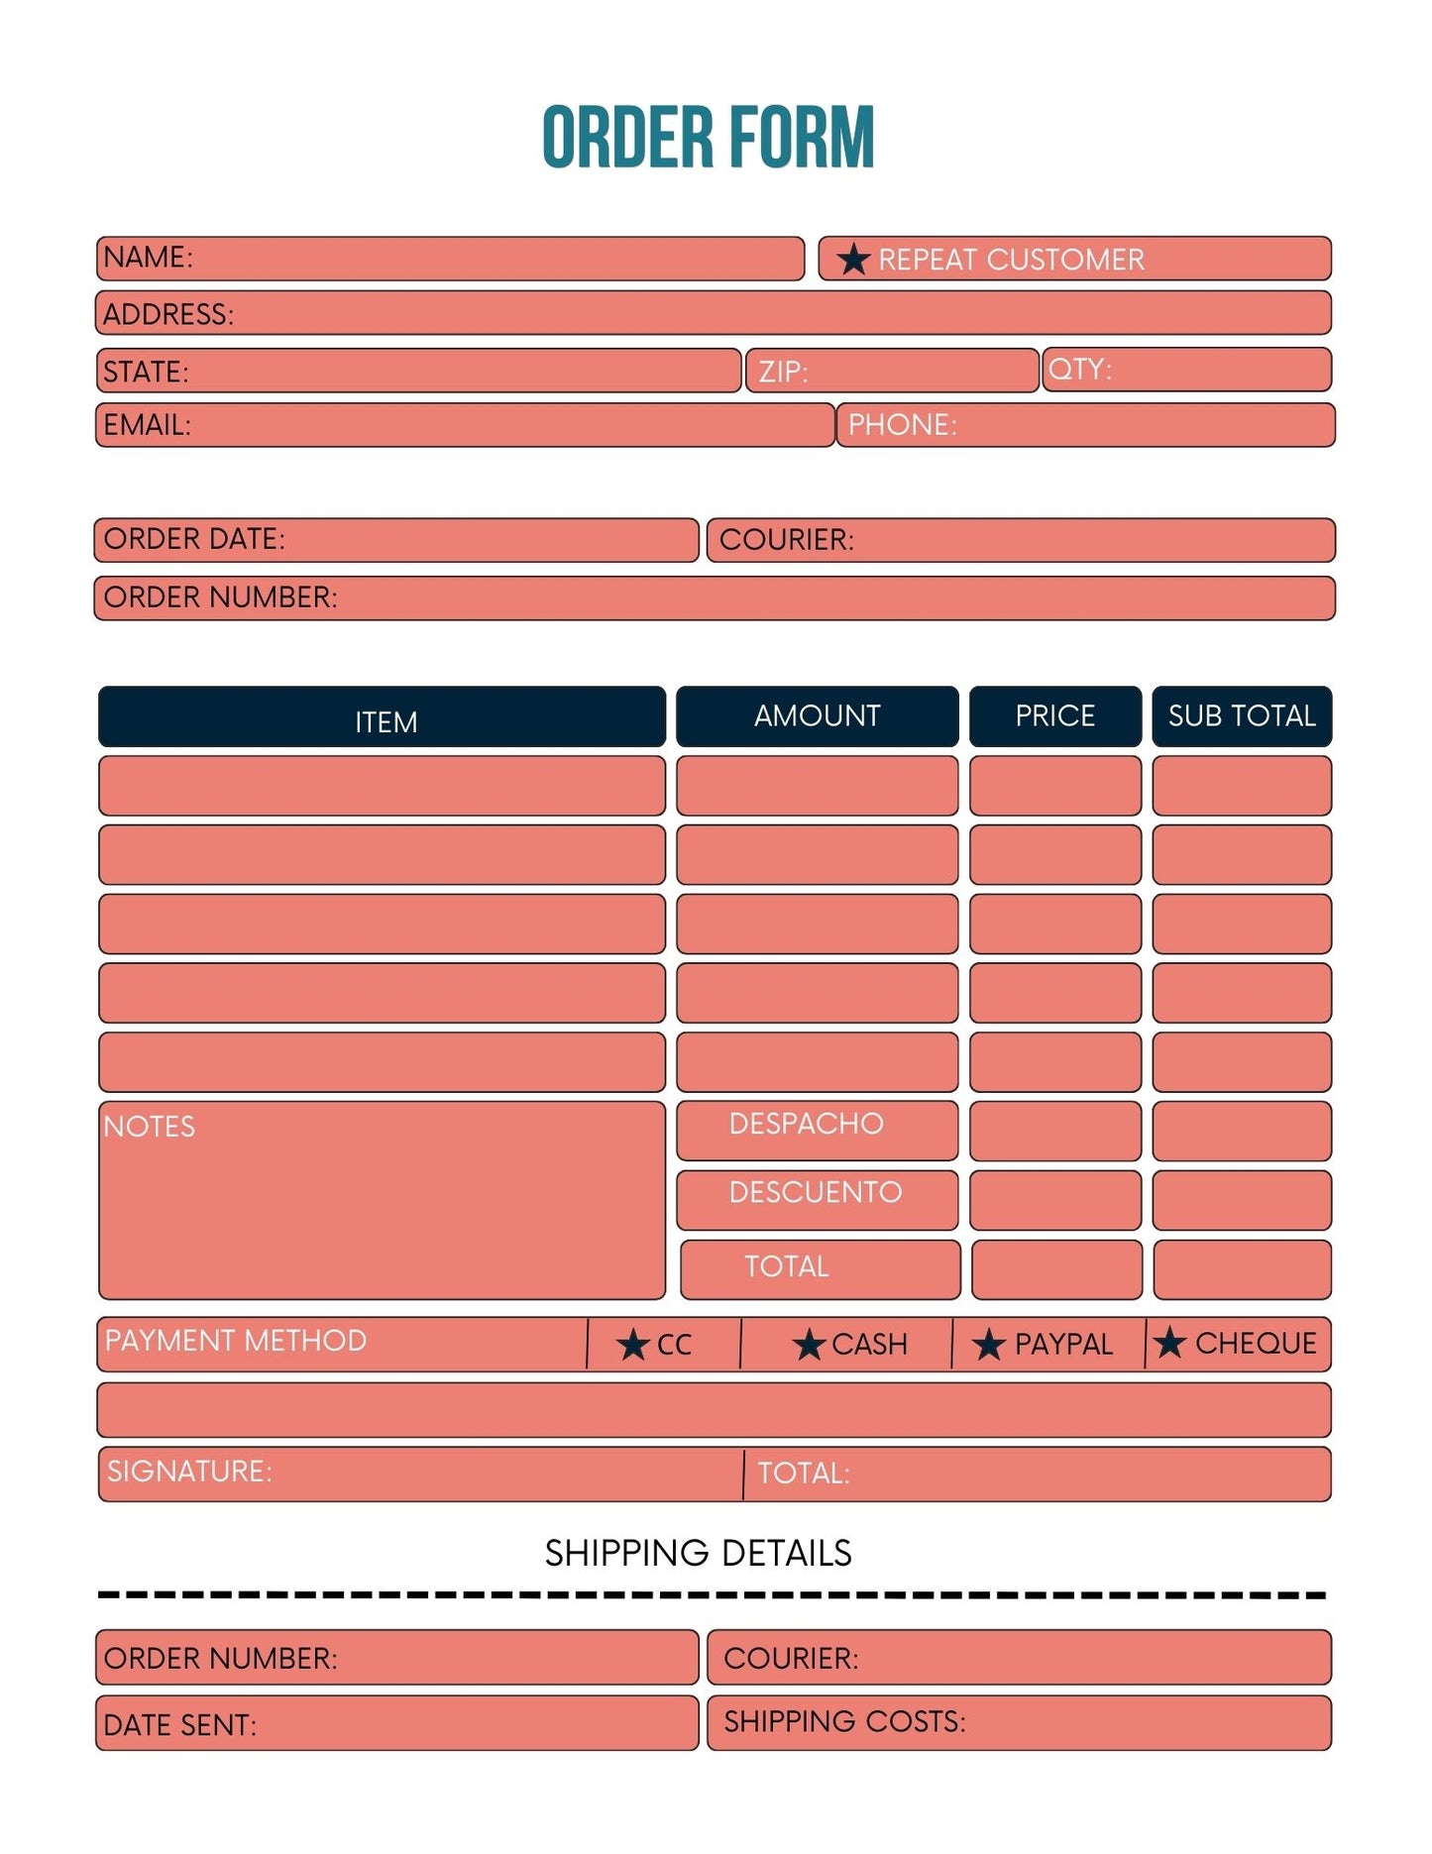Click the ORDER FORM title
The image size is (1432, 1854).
click(x=708, y=138)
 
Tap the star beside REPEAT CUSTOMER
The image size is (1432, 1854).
click(x=852, y=260)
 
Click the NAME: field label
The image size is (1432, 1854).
click(x=148, y=258)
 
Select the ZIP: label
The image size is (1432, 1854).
click(x=783, y=373)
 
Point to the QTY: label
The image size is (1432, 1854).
click(x=1079, y=370)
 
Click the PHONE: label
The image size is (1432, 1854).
click(x=902, y=425)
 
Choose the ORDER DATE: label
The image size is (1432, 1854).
click(x=194, y=539)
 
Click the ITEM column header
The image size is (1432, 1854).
click(x=386, y=721)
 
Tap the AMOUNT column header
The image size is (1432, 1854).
click(x=817, y=715)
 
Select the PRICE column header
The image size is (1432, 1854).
click(x=1054, y=715)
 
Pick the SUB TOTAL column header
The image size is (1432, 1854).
click(x=1241, y=715)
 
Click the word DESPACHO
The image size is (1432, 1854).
click(x=806, y=1124)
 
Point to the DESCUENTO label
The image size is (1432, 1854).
click(x=815, y=1192)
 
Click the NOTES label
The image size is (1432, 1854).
click(x=150, y=1127)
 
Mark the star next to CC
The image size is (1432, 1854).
click(x=632, y=1345)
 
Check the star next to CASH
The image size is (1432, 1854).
click(x=809, y=1345)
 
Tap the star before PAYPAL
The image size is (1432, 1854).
click(x=988, y=1345)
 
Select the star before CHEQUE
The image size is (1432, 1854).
click(x=1169, y=1343)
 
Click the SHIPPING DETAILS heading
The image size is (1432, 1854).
click(x=698, y=1553)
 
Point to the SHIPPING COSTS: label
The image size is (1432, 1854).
click(x=844, y=1722)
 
